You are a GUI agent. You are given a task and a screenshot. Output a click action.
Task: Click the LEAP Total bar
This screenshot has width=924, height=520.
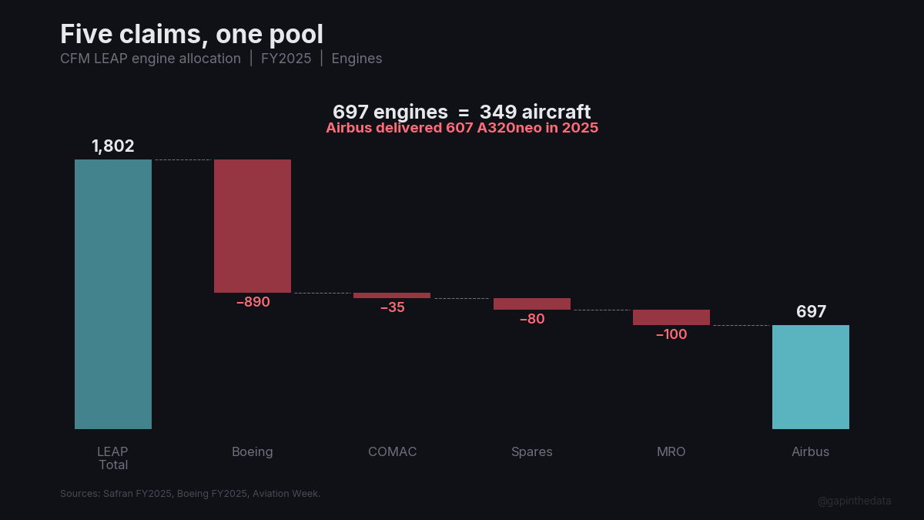coord(113,294)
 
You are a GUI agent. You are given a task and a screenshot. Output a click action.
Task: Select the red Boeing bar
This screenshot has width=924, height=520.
coord(253,226)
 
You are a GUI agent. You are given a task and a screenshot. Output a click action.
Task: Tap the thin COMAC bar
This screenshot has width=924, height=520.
coord(392,295)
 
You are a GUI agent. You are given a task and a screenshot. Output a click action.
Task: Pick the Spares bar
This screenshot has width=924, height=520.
coord(532,304)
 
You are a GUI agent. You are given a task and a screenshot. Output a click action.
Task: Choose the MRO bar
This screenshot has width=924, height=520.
coord(671,317)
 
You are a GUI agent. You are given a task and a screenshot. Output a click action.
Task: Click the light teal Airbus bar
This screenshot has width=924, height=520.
coord(811,377)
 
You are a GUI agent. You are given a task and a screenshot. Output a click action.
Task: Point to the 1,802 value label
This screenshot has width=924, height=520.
coord(113,146)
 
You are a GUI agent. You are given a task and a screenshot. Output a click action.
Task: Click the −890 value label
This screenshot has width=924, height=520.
coord(253,303)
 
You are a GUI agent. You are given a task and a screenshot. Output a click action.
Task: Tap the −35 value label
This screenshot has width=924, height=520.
coord(392,307)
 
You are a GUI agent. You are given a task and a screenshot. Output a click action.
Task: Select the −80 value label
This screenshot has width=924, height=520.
coord(532,319)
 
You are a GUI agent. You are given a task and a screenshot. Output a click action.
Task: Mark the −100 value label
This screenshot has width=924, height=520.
coord(671,334)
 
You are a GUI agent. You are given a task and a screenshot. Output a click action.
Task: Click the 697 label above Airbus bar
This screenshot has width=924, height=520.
coord(811,312)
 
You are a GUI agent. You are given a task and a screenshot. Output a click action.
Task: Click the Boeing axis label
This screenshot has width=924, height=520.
coord(253,452)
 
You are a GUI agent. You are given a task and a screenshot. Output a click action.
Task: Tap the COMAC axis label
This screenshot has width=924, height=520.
coord(392,452)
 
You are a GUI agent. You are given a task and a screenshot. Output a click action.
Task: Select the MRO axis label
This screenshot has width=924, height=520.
coord(671,452)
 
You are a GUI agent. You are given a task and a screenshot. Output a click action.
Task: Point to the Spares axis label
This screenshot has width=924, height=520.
coord(532,452)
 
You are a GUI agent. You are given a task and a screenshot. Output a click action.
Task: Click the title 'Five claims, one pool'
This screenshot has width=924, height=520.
coord(192,35)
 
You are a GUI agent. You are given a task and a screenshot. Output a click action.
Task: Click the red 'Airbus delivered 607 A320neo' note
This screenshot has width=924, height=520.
coord(462,129)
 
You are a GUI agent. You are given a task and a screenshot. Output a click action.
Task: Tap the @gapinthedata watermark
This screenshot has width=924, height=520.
coord(854,501)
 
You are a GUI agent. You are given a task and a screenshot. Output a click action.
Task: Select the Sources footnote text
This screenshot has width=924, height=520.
coord(190,494)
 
